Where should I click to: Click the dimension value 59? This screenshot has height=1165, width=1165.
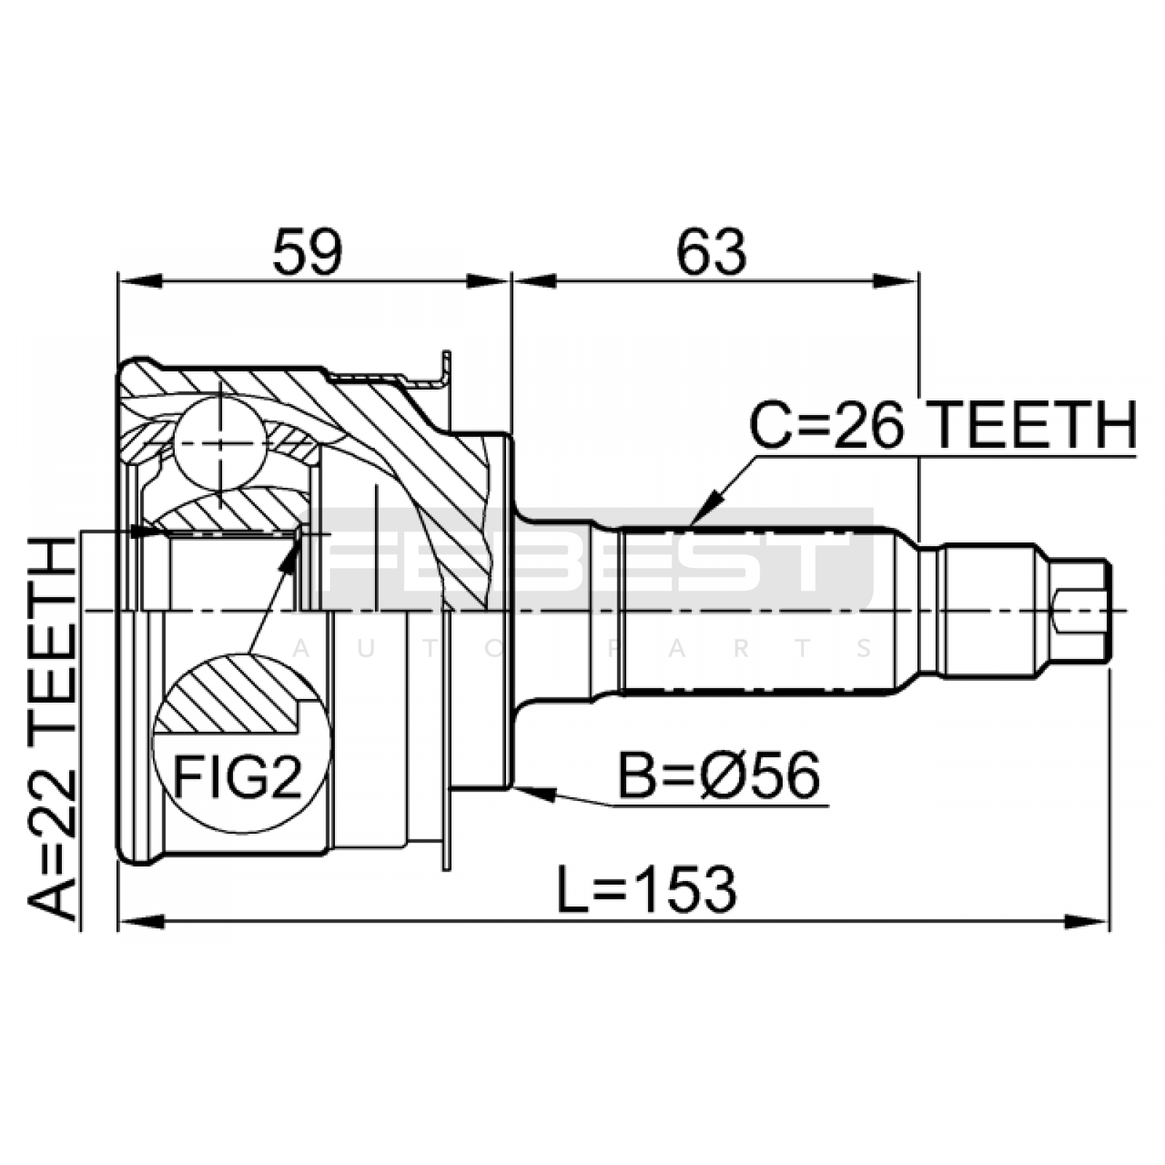coord(307,251)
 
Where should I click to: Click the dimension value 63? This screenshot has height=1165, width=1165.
coord(711,251)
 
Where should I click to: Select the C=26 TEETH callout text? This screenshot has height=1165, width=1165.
coord(942,426)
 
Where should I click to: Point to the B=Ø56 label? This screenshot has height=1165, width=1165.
coord(719,775)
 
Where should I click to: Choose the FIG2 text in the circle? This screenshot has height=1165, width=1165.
coord(237,776)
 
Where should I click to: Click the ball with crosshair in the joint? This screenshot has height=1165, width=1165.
coord(219,443)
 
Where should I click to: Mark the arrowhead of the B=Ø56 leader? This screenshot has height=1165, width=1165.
coord(534,791)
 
